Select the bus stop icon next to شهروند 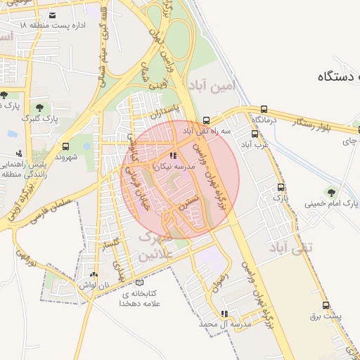pos(65,147)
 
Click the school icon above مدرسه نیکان pos(173,155)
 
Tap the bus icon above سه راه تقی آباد pos(205,120)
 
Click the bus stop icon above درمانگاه pos(264,109)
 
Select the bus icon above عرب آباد pos(255,134)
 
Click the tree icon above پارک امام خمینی pos(330,192)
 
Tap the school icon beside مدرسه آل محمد pos(224,314)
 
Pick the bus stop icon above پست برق pos(325,305)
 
